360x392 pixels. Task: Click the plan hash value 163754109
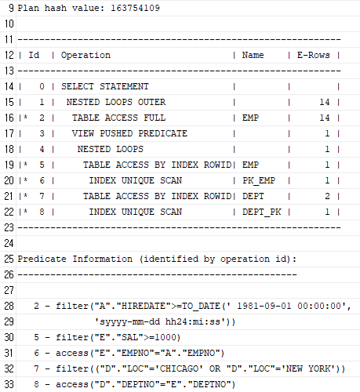pyautogui.click(x=135, y=8)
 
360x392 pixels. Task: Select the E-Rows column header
pyautogui.click(x=314, y=55)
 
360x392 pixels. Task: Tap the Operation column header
pyautogui.click(x=85, y=55)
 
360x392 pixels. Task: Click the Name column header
pyautogui.click(x=253, y=55)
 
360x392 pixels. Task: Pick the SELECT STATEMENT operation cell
pyautogui.click(x=105, y=86)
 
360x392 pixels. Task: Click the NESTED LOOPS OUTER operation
pyautogui.click(x=116, y=102)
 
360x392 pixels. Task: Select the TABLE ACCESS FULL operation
pyautogui.click(x=118, y=118)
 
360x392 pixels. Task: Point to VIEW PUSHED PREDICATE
pyautogui.click(x=129, y=133)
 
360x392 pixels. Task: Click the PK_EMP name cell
pyautogui.click(x=259, y=180)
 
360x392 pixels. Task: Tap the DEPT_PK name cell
pyautogui.click(x=261, y=212)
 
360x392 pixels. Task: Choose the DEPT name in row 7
pyautogui.click(x=253, y=196)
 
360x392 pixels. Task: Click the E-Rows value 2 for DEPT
pyautogui.click(x=327, y=196)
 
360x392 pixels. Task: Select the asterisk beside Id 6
pyautogui.click(x=25, y=180)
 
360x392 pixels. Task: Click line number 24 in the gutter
pyautogui.click(x=9, y=243)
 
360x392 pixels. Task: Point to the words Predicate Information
pyautogui.click(x=75, y=259)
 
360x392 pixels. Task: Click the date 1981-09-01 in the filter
pyautogui.click(x=264, y=306)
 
